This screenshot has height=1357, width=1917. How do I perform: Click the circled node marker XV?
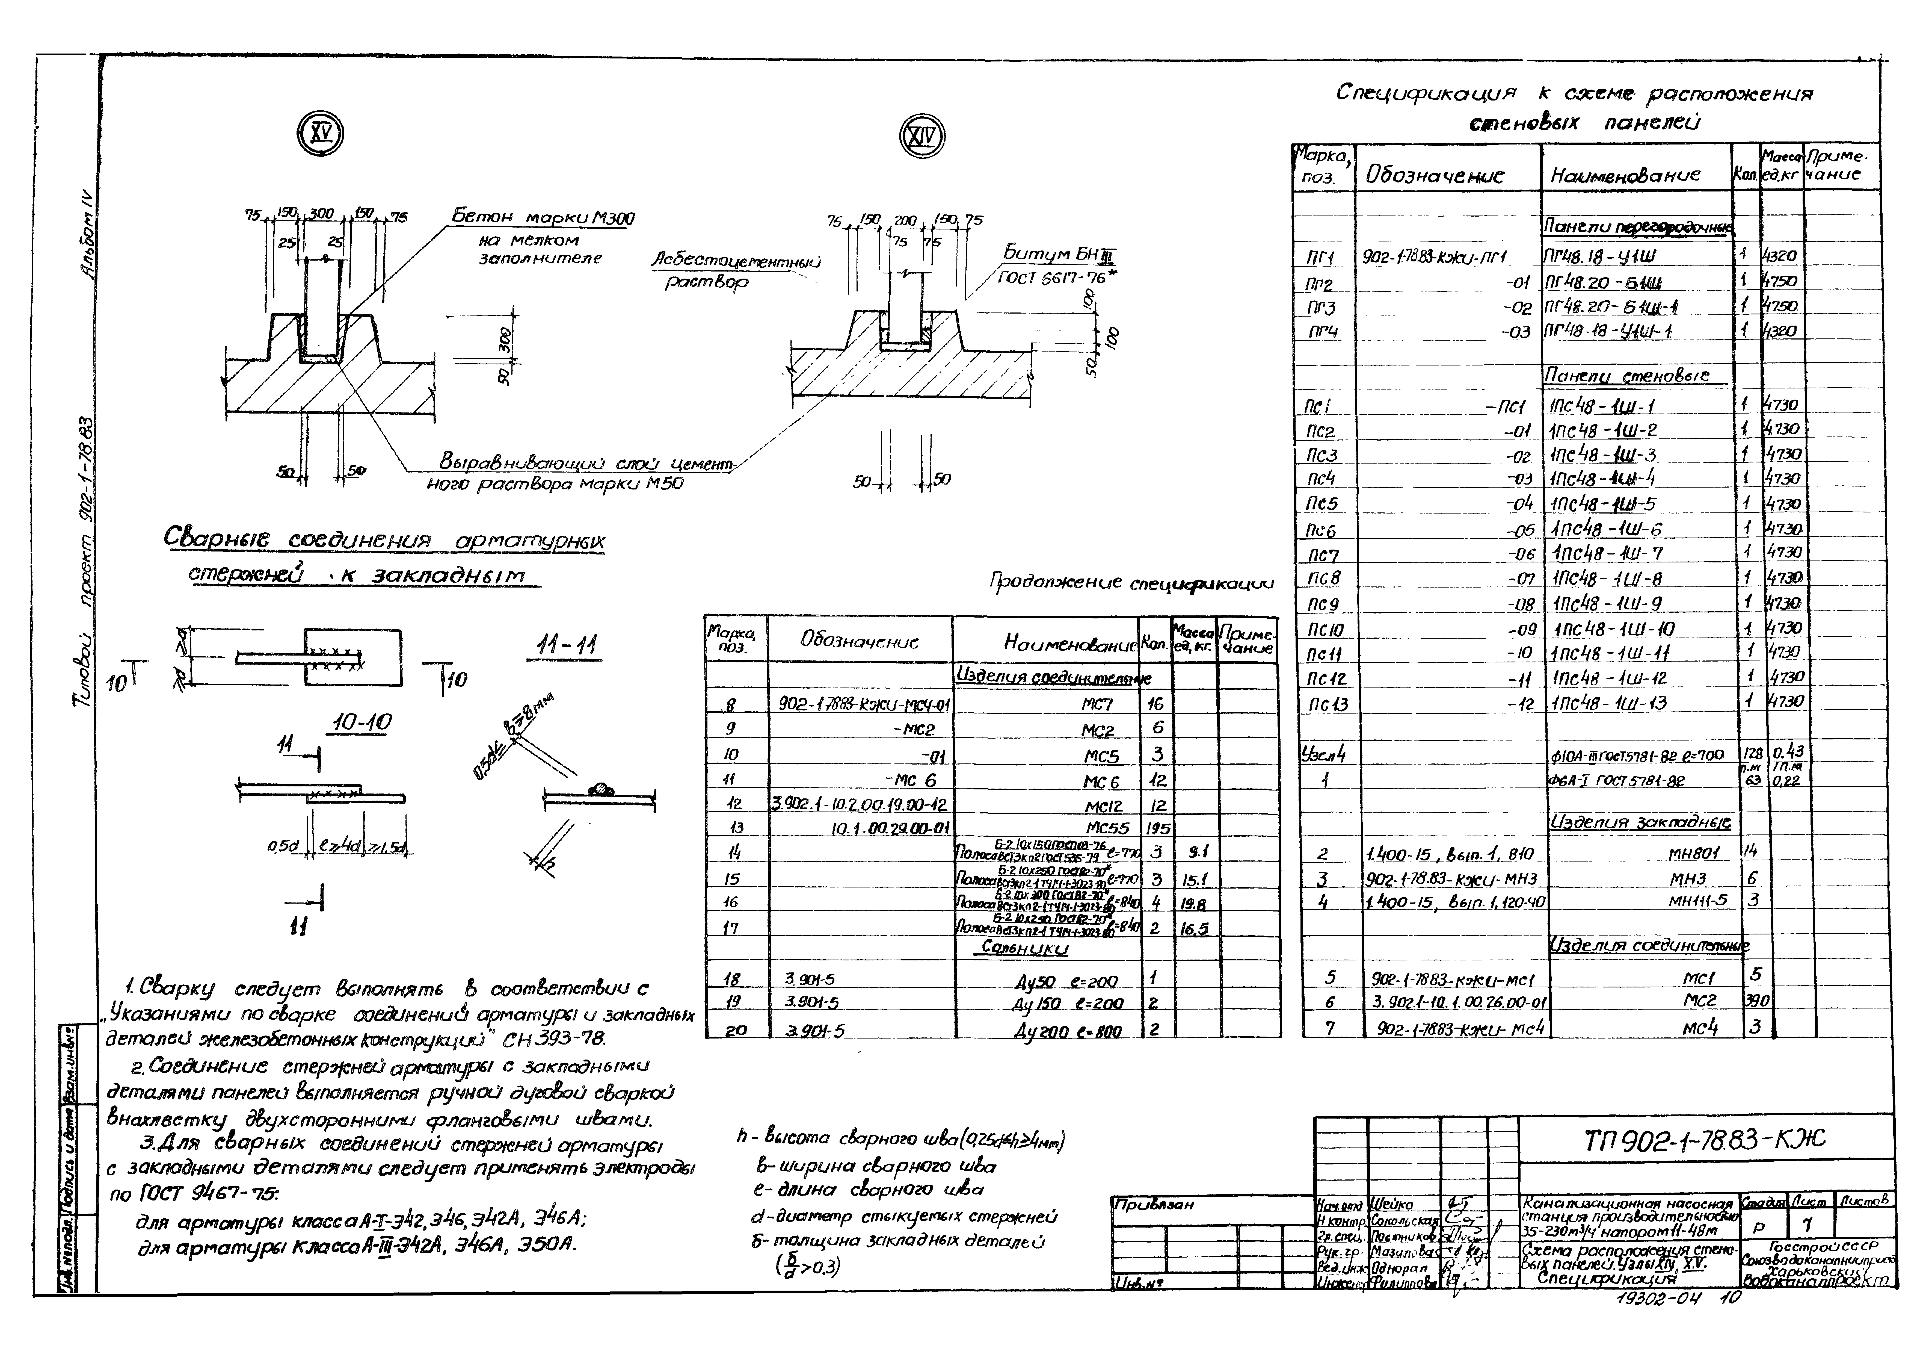321,134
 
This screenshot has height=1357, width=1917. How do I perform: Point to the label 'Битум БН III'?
1059,254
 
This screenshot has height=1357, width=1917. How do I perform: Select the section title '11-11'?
568,646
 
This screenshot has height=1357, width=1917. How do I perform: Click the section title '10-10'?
361,723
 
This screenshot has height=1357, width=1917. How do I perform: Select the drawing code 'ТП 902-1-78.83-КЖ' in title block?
1704,1139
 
